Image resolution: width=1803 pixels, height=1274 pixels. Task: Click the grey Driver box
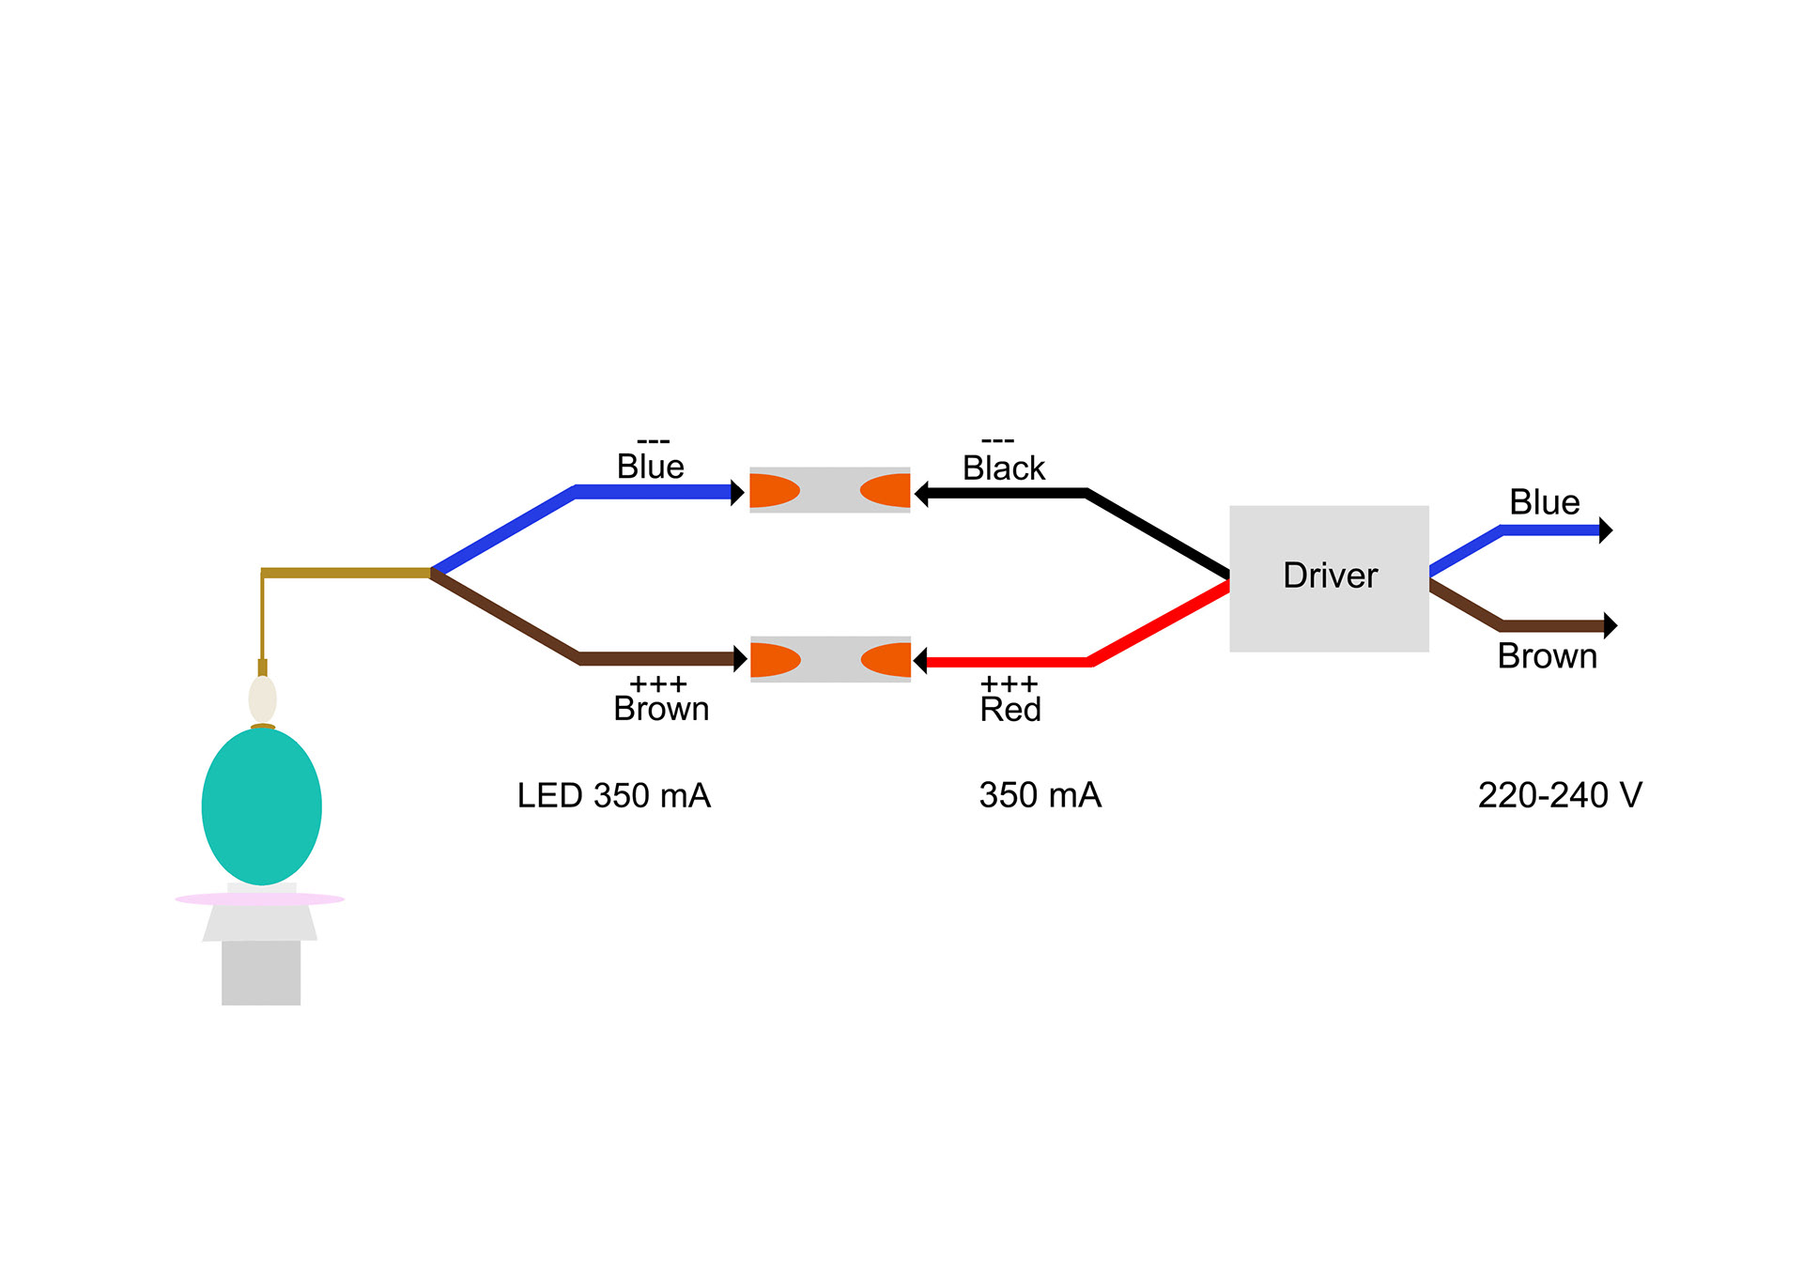click(x=1329, y=578)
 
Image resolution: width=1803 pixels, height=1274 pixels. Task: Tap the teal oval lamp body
click(x=262, y=806)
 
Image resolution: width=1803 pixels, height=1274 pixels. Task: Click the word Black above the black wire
click(x=1003, y=468)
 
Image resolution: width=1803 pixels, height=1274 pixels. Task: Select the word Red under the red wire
click(x=1010, y=710)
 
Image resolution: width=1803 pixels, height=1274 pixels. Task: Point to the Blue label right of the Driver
click(x=1544, y=502)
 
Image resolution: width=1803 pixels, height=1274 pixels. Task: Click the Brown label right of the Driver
click(x=1547, y=656)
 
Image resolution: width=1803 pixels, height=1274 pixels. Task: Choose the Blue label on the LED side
click(x=650, y=467)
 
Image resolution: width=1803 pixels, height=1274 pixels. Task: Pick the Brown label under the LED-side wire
click(x=661, y=709)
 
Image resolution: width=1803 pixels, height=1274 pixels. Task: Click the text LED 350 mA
click(x=614, y=796)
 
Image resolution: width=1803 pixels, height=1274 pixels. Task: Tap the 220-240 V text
click(x=1560, y=795)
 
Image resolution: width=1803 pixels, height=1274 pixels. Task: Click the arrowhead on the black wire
click(x=921, y=493)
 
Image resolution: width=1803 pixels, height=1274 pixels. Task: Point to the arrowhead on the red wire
click(x=920, y=661)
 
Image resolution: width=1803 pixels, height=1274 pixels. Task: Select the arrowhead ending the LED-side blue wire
click(x=737, y=492)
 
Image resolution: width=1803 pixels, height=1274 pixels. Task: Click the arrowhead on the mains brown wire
click(x=1610, y=625)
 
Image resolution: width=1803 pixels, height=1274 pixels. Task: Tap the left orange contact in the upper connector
click(x=775, y=490)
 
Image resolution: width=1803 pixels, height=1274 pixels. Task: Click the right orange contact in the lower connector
click(x=886, y=659)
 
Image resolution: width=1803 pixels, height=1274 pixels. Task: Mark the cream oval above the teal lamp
click(x=263, y=699)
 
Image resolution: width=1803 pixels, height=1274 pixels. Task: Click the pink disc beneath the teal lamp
click(x=260, y=899)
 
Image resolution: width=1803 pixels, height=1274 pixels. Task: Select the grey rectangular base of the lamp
click(x=261, y=973)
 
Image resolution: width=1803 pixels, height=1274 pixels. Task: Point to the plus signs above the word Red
click(x=1009, y=684)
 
